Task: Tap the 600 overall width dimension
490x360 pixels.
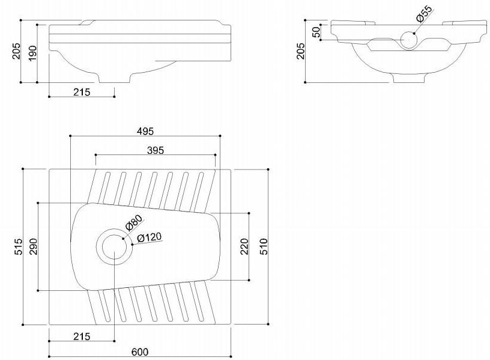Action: click(139, 352)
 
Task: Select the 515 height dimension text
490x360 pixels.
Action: click(18, 247)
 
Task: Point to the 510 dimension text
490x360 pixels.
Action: click(263, 246)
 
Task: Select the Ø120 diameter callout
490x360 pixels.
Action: click(150, 237)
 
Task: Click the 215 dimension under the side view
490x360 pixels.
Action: click(81, 92)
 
